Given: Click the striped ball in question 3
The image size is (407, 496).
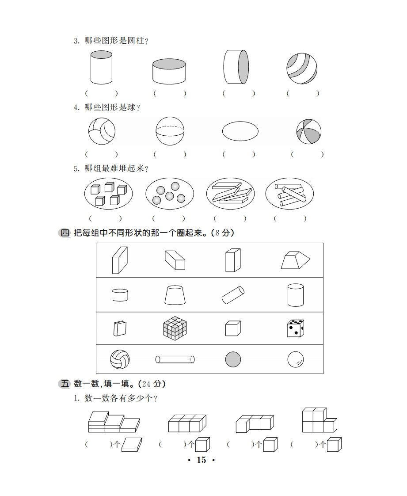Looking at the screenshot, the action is click(x=302, y=69).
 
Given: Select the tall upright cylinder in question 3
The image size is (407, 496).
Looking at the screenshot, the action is click(x=101, y=67).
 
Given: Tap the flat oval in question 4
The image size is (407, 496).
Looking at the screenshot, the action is click(x=240, y=131).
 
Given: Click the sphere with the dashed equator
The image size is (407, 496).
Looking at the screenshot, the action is click(x=170, y=131).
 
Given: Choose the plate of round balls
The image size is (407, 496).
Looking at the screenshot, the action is click(x=170, y=194).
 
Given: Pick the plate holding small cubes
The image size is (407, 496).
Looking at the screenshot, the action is click(x=108, y=194).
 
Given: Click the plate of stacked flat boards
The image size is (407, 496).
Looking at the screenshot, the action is click(x=231, y=194).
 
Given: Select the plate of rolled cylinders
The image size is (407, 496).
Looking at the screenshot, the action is click(x=290, y=194).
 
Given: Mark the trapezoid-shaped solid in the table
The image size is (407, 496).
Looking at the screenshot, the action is click(x=295, y=260).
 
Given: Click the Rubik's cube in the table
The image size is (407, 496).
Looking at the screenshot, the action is click(x=175, y=328).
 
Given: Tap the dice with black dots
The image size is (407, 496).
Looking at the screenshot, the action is click(x=296, y=328).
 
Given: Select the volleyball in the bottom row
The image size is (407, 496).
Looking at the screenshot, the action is click(x=120, y=359).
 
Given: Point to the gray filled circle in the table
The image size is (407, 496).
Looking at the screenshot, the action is click(x=233, y=360).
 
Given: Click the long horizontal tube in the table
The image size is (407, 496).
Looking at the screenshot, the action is click(x=175, y=359).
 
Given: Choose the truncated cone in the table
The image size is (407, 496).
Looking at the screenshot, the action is click(x=175, y=295).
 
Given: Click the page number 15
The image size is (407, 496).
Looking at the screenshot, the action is click(x=202, y=460).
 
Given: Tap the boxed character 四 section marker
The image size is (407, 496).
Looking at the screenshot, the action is click(x=65, y=233).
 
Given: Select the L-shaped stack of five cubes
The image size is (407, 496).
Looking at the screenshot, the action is click(x=320, y=420).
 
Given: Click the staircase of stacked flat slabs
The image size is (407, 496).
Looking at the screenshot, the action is click(x=114, y=422).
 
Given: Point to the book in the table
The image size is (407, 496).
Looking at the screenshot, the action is click(x=120, y=328).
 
